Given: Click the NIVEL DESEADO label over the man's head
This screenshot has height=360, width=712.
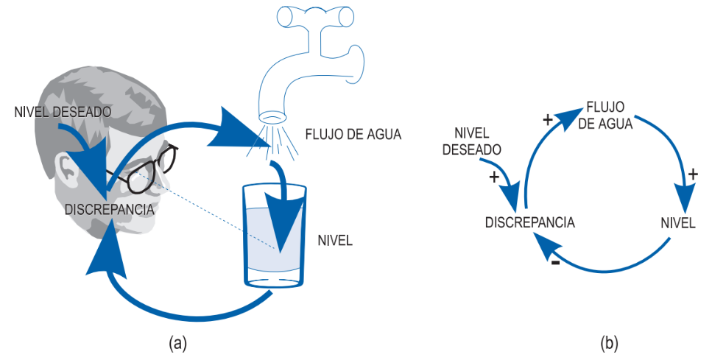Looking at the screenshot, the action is coord(63,112).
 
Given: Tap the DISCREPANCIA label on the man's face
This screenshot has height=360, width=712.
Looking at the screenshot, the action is coord(110,210).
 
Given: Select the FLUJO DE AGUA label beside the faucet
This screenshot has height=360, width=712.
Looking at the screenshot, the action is coord(353,135).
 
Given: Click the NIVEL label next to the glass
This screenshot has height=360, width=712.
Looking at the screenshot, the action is coord(335,240).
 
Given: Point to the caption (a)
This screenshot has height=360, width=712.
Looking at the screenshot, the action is coord(177,343).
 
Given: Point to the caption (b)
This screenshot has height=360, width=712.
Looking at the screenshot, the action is coord(609,343).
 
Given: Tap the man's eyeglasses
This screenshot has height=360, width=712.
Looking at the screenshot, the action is coord(144,169).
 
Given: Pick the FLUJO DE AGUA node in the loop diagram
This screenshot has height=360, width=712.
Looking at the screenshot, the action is coord(605,116).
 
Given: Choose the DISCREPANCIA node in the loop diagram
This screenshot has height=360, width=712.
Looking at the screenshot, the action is coord(530,222).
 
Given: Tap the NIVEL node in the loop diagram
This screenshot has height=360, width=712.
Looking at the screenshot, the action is coord(678,223).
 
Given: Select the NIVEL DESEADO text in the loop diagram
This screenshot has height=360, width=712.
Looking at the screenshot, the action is coord(472,141).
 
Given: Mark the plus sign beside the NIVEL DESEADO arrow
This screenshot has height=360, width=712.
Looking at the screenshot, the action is coord(494,177).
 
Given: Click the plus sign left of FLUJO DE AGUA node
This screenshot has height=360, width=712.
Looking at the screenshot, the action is coord(548,120).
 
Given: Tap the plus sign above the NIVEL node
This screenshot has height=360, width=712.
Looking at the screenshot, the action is coord(692,174).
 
